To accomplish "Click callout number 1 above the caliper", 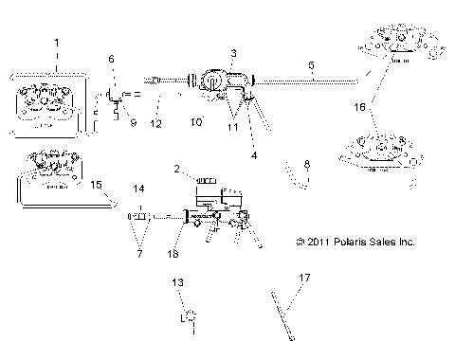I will (x=56, y=44).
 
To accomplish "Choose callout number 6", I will (x=112, y=59).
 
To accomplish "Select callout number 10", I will (x=196, y=121).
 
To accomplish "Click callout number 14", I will (x=139, y=189).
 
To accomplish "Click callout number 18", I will (x=173, y=254).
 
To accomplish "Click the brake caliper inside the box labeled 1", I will (x=49, y=102).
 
